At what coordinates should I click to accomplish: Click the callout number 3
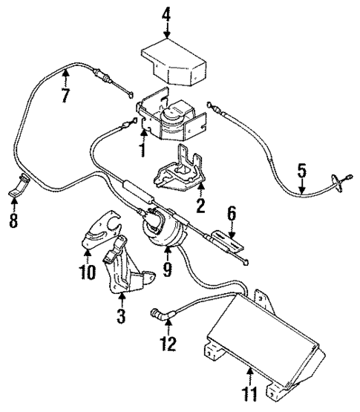(x=122, y=318)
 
